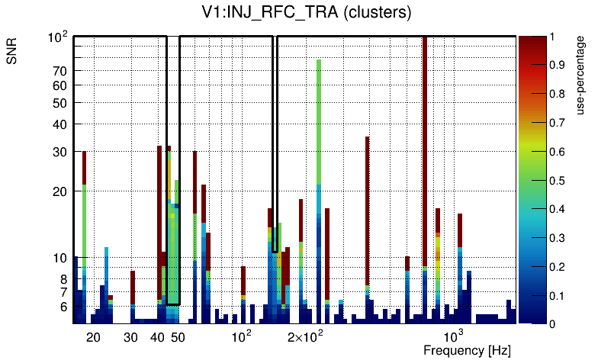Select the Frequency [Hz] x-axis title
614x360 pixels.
point(467,350)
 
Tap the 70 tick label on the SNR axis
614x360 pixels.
point(60,71)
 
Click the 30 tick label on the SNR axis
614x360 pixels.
point(60,152)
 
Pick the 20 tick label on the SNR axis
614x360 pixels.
point(60,191)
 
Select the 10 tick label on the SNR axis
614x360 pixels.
point(60,259)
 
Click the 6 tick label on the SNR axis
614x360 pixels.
point(63,307)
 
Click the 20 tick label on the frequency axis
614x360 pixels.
point(93,337)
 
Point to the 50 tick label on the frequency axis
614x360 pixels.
point(178,337)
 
